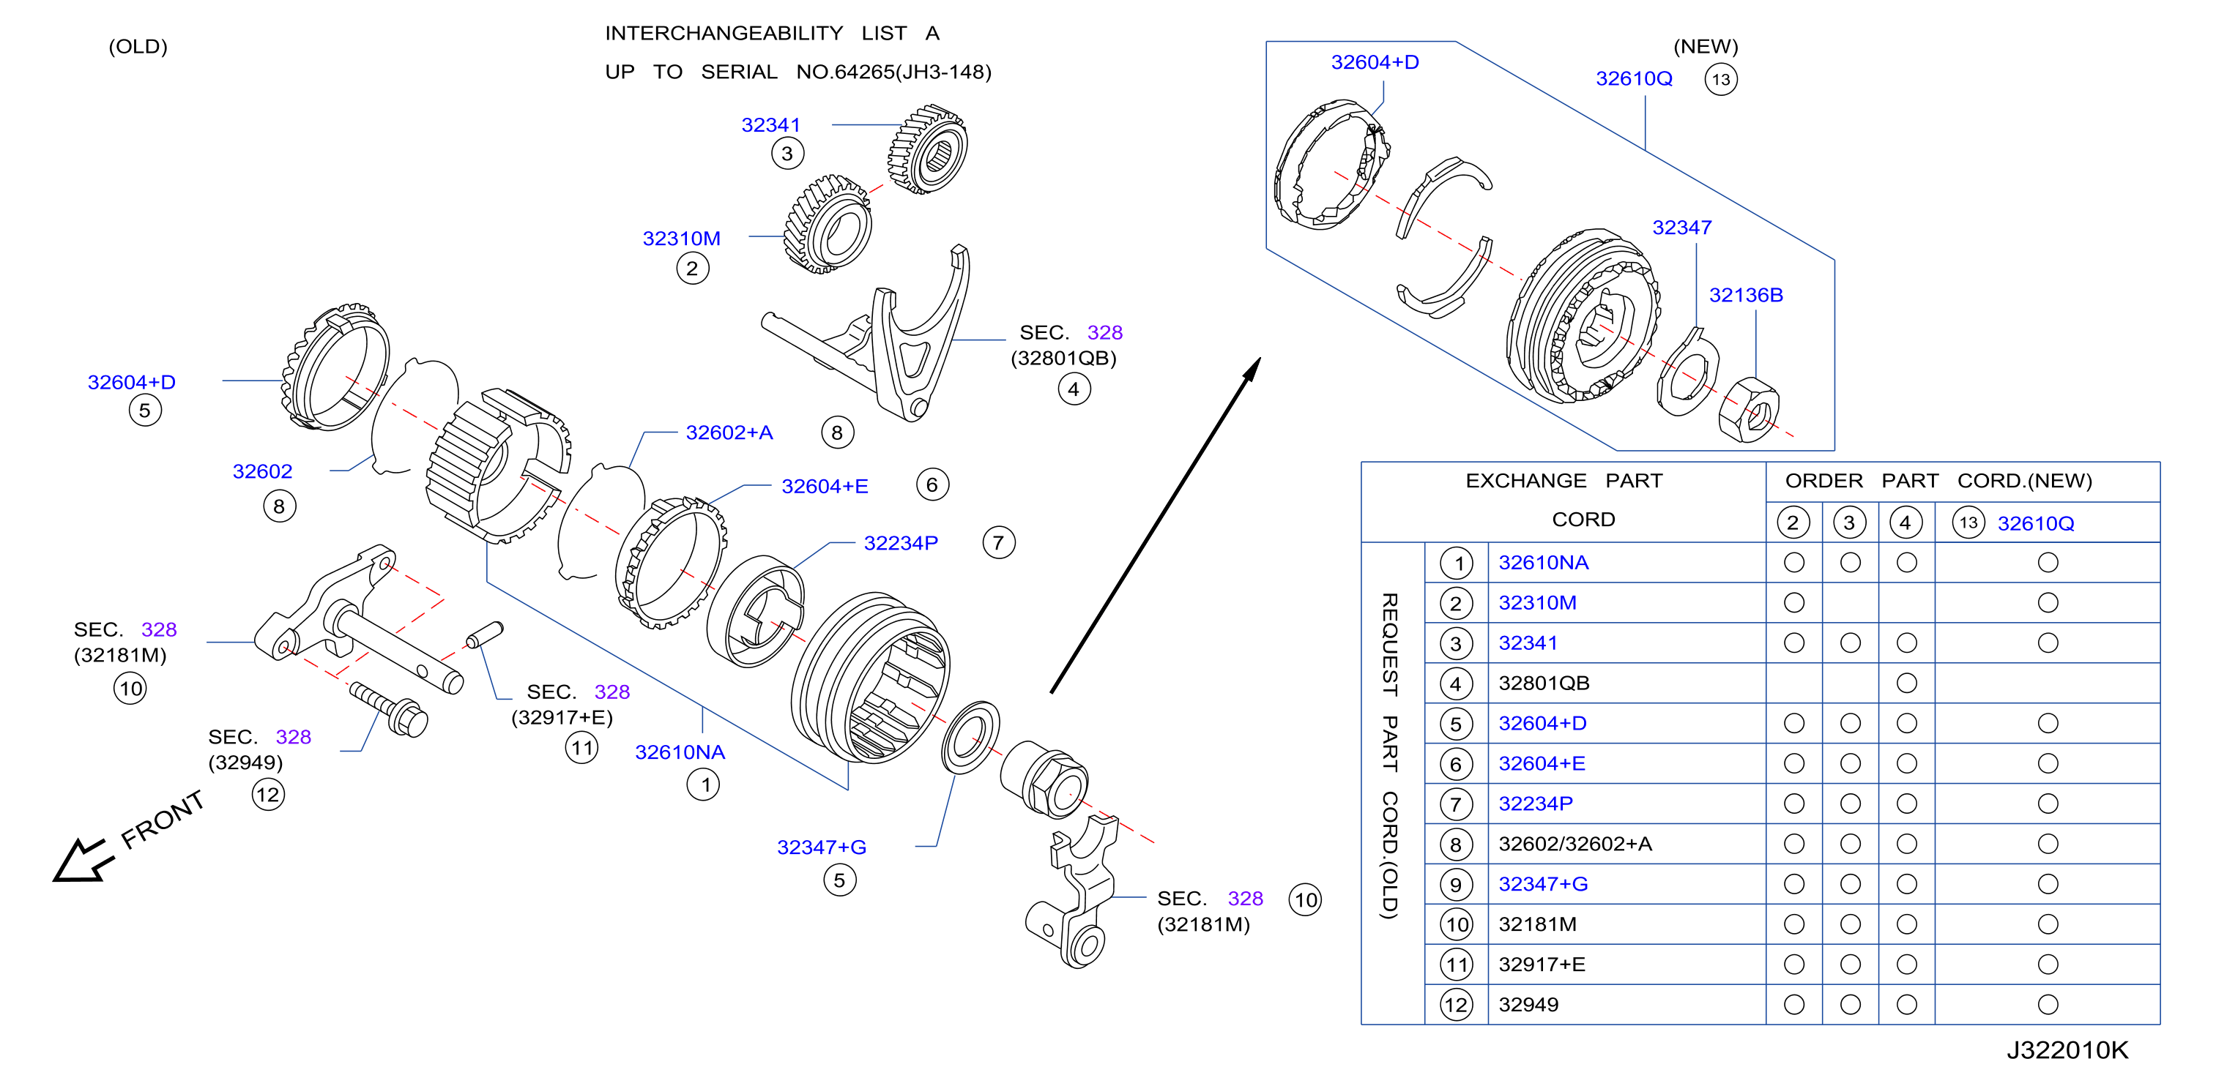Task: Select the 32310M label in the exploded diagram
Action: click(x=681, y=239)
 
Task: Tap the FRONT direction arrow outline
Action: click(x=83, y=860)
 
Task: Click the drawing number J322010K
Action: click(x=2067, y=1050)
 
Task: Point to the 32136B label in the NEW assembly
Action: click(x=1745, y=296)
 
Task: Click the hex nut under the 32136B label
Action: click(x=1748, y=410)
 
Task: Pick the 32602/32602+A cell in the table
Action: click(x=1575, y=845)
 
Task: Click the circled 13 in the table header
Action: click(x=1968, y=523)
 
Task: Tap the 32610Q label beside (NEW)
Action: click(x=1634, y=79)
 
